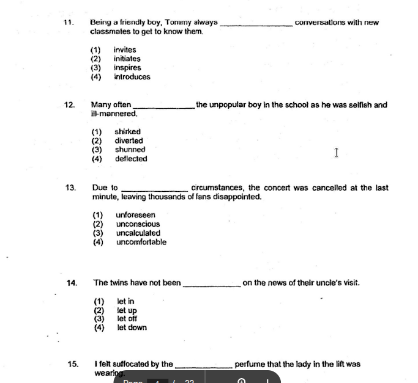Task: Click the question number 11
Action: [69, 23]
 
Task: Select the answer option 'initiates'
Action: [127, 59]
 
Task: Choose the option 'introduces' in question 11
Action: [132, 77]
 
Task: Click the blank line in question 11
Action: [255, 24]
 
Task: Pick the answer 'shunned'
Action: [130, 150]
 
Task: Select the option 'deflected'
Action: [131, 159]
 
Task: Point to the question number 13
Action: [70, 188]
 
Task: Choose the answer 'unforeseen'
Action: [135, 215]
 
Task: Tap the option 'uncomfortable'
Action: [141, 243]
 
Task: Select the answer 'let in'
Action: [125, 301]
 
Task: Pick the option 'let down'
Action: [132, 328]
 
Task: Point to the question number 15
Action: [73, 365]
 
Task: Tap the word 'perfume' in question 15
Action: [249, 365]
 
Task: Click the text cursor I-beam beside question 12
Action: [336, 152]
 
